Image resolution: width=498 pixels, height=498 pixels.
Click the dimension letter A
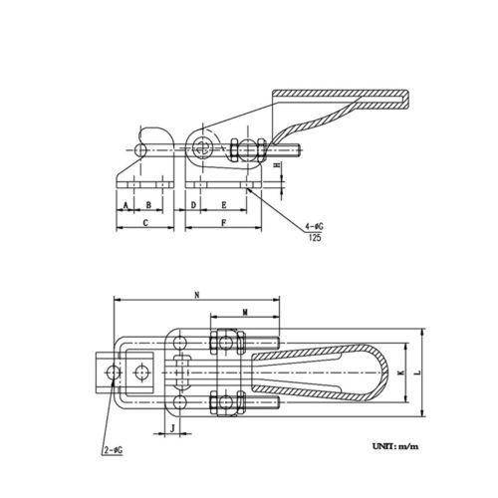pos(125,205)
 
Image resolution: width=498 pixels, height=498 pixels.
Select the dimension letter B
pos(148,205)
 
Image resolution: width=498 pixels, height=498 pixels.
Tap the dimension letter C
pos(145,223)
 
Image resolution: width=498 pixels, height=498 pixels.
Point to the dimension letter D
pos(194,205)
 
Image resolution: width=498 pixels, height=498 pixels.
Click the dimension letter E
pos(224,205)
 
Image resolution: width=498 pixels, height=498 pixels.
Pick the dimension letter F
pos(224,223)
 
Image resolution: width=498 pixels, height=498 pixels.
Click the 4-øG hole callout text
pos(314,227)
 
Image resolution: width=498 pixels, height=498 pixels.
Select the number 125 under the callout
pos(315,237)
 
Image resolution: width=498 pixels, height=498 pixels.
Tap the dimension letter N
pos(197,295)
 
